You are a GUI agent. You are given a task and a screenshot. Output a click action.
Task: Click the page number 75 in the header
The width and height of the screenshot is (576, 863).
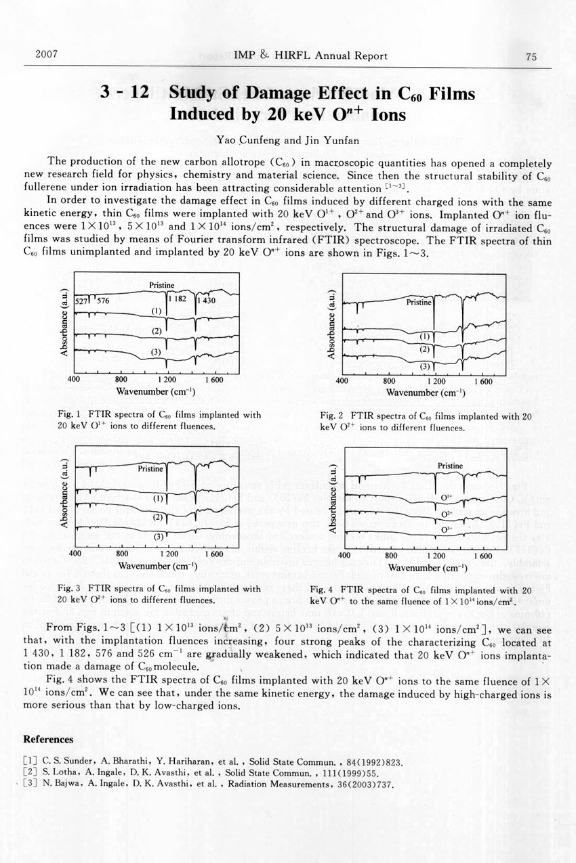[531, 57]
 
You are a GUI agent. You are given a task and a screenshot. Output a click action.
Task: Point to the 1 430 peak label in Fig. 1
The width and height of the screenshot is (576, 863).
[206, 300]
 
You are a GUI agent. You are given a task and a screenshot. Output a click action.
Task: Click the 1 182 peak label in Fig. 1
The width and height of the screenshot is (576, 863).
[178, 298]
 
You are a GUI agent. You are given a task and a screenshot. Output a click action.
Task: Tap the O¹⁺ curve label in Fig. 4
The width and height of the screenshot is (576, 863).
[447, 497]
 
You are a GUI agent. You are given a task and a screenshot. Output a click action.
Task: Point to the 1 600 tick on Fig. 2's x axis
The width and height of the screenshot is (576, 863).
[483, 381]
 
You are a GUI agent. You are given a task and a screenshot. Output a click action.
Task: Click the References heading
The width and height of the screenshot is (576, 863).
[48, 739]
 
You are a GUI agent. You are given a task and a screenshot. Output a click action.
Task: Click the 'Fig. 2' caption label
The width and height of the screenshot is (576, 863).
[333, 416]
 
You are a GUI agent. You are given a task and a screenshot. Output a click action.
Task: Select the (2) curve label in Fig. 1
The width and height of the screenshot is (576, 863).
[156, 331]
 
